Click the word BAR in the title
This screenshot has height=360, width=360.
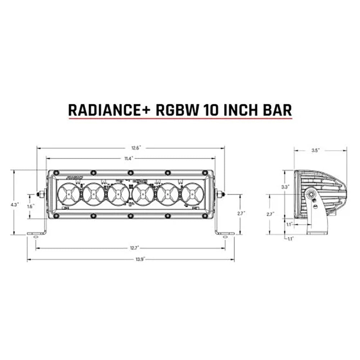click(x=277, y=110)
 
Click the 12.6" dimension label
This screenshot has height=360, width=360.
click(x=136, y=147)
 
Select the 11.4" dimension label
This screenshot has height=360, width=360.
click(x=129, y=158)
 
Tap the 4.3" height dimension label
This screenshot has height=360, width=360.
click(x=14, y=204)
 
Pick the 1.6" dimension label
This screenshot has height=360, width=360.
click(x=31, y=206)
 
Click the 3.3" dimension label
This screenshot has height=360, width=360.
click(x=285, y=187)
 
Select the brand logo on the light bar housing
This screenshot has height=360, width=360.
click(x=75, y=177)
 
